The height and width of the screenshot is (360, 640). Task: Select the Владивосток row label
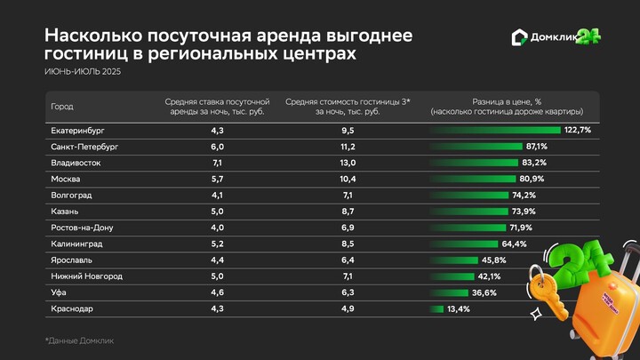pyautogui.click(x=76, y=163)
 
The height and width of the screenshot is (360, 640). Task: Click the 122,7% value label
pyautogui.click(x=578, y=130)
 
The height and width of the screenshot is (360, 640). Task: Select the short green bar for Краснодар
pyautogui.click(x=436, y=308)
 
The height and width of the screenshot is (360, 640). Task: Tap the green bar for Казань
pyautogui.click(x=468, y=212)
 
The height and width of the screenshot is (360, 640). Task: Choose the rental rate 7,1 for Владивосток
pyautogui.click(x=217, y=163)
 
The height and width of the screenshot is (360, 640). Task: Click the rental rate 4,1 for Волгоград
pyautogui.click(x=217, y=195)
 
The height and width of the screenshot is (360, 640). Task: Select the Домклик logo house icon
pyautogui.click(x=521, y=37)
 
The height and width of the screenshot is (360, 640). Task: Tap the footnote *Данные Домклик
pyautogui.click(x=79, y=340)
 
